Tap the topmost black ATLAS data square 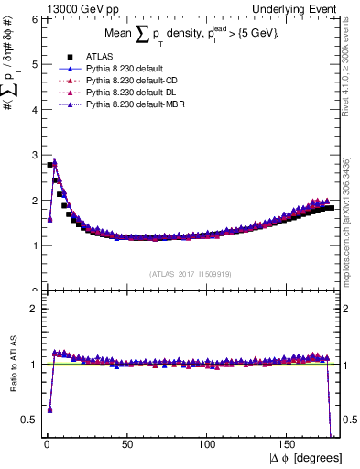49,165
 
